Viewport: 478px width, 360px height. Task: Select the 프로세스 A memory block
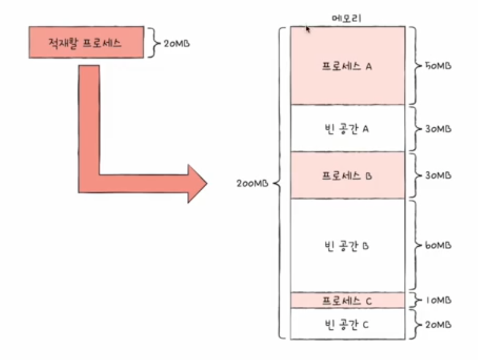[x=347, y=66]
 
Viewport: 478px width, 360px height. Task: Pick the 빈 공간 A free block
[x=347, y=129]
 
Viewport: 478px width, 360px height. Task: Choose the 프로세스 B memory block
[x=347, y=176]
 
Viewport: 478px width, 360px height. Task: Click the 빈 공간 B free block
[x=347, y=246]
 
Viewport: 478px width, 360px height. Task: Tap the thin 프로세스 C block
[x=347, y=301]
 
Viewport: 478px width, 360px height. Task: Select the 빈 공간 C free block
[x=347, y=324]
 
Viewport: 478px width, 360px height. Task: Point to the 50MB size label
[x=438, y=66]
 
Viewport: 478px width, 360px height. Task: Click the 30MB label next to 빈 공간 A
[x=438, y=129]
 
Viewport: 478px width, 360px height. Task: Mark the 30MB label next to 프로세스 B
[x=438, y=176]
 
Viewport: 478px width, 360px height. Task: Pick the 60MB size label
[x=438, y=246]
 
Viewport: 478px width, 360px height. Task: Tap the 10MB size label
[x=438, y=301]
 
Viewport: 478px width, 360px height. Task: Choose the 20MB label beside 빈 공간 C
[x=438, y=324]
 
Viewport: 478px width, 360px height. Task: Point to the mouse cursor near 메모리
[x=308, y=28]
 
